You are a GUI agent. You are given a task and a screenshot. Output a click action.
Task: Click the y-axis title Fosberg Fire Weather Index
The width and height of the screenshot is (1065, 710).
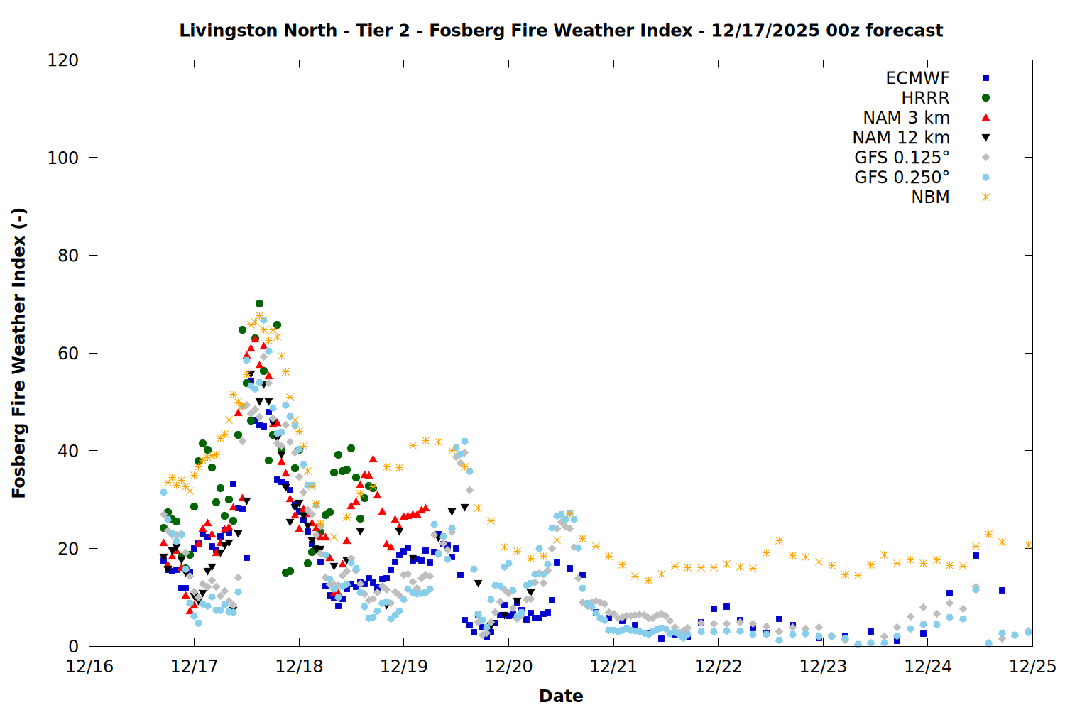coord(19,353)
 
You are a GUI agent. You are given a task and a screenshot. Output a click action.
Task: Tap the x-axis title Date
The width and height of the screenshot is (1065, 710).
coord(561,696)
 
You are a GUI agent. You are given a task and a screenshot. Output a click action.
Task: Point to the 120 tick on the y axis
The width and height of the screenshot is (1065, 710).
coord(63,60)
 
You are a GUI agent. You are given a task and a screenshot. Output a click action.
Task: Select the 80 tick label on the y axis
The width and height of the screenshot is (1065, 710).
coord(68,256)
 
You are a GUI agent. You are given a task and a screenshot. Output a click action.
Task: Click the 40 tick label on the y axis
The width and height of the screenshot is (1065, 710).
coord(68,451)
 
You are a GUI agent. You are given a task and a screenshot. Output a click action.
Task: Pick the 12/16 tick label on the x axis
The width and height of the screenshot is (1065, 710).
coord(89,667)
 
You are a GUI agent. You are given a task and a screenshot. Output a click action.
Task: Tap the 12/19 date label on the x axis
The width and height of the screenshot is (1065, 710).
coord(404,667)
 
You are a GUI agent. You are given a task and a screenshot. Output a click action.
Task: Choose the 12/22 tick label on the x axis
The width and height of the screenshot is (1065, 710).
coord(719,667)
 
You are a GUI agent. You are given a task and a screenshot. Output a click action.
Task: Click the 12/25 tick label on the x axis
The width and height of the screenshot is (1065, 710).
coord(1032,667)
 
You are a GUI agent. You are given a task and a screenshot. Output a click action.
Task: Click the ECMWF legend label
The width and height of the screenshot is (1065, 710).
coord(917,78)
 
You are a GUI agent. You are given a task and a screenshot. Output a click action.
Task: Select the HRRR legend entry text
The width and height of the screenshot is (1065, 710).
coord(925,98)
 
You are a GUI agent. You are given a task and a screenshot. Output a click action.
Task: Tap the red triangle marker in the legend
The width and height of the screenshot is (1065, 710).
coord(985,118)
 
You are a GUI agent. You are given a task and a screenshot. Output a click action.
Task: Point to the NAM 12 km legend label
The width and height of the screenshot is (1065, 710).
coord(901,138)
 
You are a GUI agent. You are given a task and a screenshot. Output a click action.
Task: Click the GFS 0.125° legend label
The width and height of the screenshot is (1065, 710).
coord(902,158)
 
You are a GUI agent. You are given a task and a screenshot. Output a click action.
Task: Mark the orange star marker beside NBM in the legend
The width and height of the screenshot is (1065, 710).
coord(985,197)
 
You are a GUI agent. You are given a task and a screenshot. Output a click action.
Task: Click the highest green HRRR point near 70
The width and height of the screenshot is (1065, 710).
coord(259,304)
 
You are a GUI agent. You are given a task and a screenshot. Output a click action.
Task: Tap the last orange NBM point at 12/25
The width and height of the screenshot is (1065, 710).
coord(1028,545)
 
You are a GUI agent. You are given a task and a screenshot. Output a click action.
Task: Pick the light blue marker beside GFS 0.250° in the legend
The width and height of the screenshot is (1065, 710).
coord(985,177)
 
